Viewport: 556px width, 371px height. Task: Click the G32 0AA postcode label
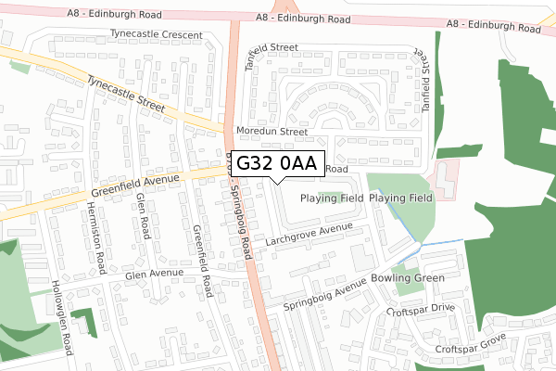(x=277, y=164)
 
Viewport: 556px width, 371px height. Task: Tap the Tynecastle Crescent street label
(x=156, y=34)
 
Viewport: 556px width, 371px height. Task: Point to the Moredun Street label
(x=271, y=132)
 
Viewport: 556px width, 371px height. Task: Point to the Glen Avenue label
(x=155, y=275)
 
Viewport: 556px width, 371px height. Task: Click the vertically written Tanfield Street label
(x=427, y=75)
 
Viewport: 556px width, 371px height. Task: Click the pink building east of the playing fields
(x=446, y=177)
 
